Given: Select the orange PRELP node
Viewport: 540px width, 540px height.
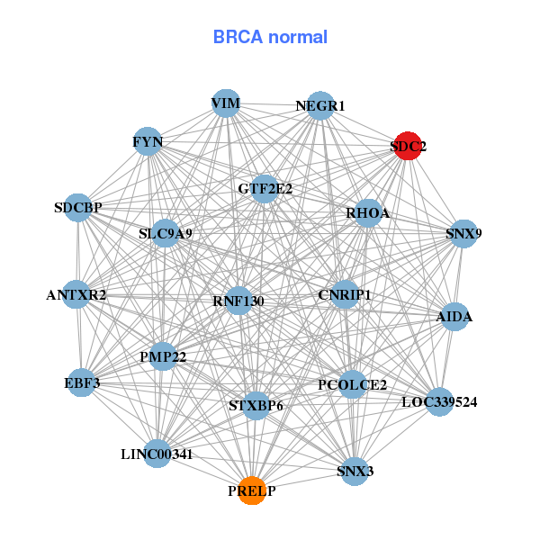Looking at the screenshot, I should [x=252, y=490].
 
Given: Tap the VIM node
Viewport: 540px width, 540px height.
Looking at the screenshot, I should [x=226, y=104].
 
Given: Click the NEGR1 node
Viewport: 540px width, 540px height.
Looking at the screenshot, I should [x=320, y=106].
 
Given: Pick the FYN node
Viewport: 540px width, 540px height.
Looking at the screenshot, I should [x=148, y=141].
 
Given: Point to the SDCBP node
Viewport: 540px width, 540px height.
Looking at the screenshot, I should [x=78, y=208].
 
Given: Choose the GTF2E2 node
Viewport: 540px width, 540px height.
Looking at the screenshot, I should [x=265, y=189].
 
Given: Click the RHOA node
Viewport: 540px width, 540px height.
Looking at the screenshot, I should [x=368, y=213].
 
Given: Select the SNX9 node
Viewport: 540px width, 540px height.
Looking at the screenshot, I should [x=463, y=234].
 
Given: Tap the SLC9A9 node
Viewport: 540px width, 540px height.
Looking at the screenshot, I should [x=166, y=234].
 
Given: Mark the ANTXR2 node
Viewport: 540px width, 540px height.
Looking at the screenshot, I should [x=76, y=294].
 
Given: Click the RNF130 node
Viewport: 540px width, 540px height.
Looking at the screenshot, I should [x=238, y=300].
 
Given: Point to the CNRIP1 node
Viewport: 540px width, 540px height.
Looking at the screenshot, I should [x=345, y=294].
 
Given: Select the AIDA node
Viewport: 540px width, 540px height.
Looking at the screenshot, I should [x=454, y=317].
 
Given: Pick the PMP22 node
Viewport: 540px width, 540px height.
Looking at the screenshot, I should [x=163, y=357].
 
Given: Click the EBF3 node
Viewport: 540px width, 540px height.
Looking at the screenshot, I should [x=82, y=383].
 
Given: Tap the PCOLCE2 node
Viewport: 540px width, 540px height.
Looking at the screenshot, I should [x=352, y=385].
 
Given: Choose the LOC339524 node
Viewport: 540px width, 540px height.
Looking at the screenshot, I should [x=439, y=401].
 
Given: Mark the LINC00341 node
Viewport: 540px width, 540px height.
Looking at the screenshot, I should [x=157, y=454].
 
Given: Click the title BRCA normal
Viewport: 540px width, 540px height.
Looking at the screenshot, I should [x=270, y=37].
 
